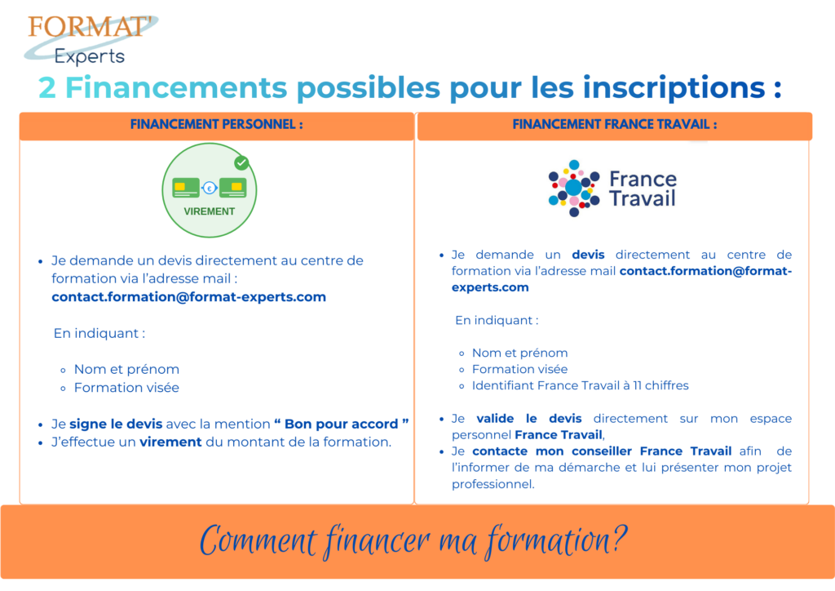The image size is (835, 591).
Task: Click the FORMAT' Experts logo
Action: click(x=91, y=39)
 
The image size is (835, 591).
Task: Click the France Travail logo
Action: click(x=612, y=188)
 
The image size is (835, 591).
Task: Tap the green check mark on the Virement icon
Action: click(x=241, y=162)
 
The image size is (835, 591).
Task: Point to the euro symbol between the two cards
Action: click(x=210, y=188)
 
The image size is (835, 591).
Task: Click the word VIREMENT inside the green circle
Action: click(x=210, y=211)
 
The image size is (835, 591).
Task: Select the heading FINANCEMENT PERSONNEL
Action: click(x=217, y=125)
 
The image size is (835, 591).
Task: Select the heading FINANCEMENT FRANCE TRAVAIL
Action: click(x=615, y=125)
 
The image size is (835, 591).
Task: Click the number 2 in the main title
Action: click(x=47, y=87)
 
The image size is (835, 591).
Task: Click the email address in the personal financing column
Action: click(x=188, y=297)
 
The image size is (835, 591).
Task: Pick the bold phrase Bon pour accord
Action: click(x=342, y=424)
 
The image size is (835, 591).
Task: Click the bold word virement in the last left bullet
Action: click(x=170, y=442)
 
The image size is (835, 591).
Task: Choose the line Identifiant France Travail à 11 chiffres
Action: click(x=581, y=385)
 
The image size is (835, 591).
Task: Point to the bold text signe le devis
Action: click(x=116, y=424)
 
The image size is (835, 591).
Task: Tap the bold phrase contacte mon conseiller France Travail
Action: click(x=602, y=451)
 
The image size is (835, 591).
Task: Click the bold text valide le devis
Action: click(x=528, y=419)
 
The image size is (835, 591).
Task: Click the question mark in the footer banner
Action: click(x=620, y=537)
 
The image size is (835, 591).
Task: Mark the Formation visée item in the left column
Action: click(x=126, y=388)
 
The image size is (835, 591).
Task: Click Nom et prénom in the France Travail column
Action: click(x=519, y=353)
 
